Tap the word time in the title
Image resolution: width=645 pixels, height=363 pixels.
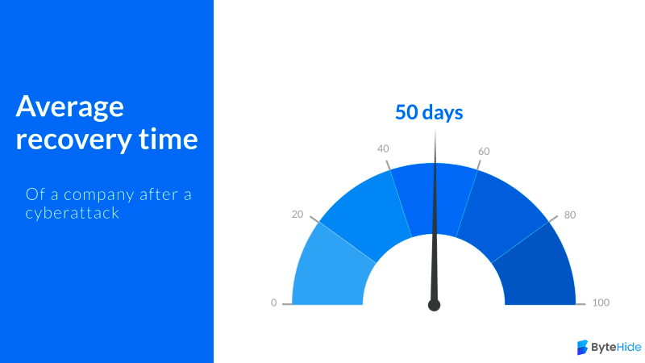(x=169, y=138)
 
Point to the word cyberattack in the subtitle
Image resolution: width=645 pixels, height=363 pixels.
(x=73, y=213)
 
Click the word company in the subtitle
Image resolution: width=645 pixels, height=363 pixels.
(x=99, y=195)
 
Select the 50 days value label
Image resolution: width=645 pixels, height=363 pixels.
(x=429, y=112)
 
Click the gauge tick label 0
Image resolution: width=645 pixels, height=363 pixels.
(x=273, y=303)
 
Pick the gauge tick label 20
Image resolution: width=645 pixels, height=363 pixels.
(x=298, y=215)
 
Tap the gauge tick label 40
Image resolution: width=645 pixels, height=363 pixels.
(x=383, y=148)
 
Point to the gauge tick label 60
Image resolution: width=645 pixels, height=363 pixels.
(x=484, y=152)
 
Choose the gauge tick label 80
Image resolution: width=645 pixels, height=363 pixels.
(x=570, y=215)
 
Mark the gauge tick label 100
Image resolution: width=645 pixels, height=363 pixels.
(x=601, y=302)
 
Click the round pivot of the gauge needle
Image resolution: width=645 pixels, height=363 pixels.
(x=434, y=305)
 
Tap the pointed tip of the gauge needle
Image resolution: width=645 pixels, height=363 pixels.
(x=435, y=130)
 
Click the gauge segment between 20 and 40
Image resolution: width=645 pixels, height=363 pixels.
(x=366, y=210)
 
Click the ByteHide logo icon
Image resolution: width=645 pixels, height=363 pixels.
(x=582, y=348)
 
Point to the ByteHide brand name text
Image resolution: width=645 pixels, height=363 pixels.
(x=616, y=348)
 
